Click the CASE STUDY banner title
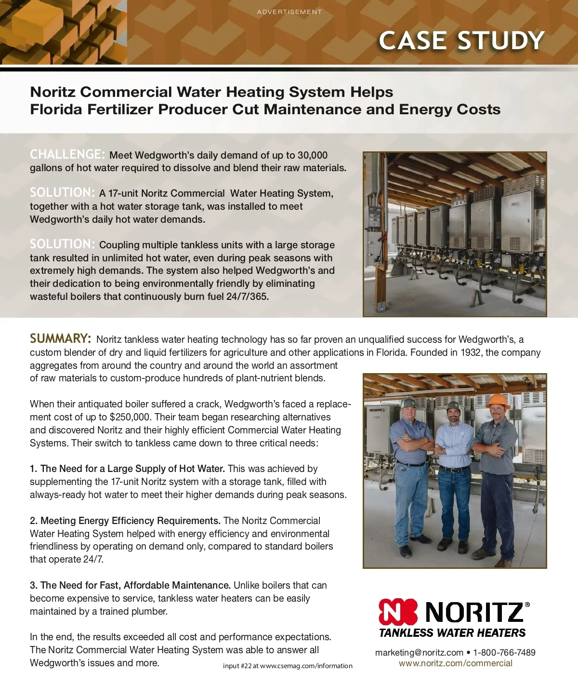point(461,40)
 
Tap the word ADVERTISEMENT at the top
point(289,12)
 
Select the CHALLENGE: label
point(67,154)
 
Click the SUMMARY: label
point(60,338)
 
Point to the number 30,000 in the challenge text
point(313,155)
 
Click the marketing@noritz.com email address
point(419,652)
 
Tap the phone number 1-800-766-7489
point(504,652)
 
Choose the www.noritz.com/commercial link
point(455,663)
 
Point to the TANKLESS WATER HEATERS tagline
point(452,632)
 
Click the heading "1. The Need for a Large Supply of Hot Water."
point(127,469)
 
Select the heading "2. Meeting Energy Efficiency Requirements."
point(125,521)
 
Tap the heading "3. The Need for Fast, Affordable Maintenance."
point(130,585)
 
